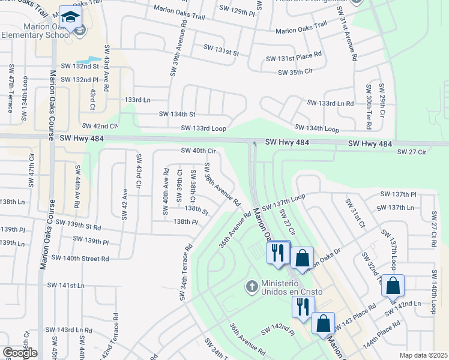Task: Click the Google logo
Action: pyautogui.click(x=20, y=353)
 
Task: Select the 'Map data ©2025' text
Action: pyautogui.click(x=423, y=355)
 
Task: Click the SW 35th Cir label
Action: pyautogui.click(x=295, y=72)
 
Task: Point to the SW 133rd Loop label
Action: pyautogui.click(x=203, y=128)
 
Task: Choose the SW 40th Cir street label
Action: pyautogui.click(x=197, y=151)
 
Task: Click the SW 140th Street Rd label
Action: pyautogui.click(x=80, y=258)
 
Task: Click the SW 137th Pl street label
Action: pyautogui.click(x=398, y=194)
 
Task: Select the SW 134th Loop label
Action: pyautogui.click(x=316, y=128)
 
